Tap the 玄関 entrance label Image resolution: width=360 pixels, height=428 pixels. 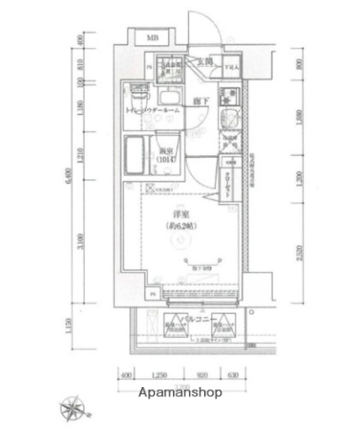point(204,61)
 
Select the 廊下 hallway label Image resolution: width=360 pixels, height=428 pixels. point(201,102)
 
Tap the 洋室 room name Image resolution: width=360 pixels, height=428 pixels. point(181,215)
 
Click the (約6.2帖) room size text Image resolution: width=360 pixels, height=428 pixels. point(181,226)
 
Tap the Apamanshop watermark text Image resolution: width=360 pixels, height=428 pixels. point(179,392)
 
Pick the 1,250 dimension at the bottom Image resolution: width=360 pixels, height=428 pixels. point(160,375)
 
